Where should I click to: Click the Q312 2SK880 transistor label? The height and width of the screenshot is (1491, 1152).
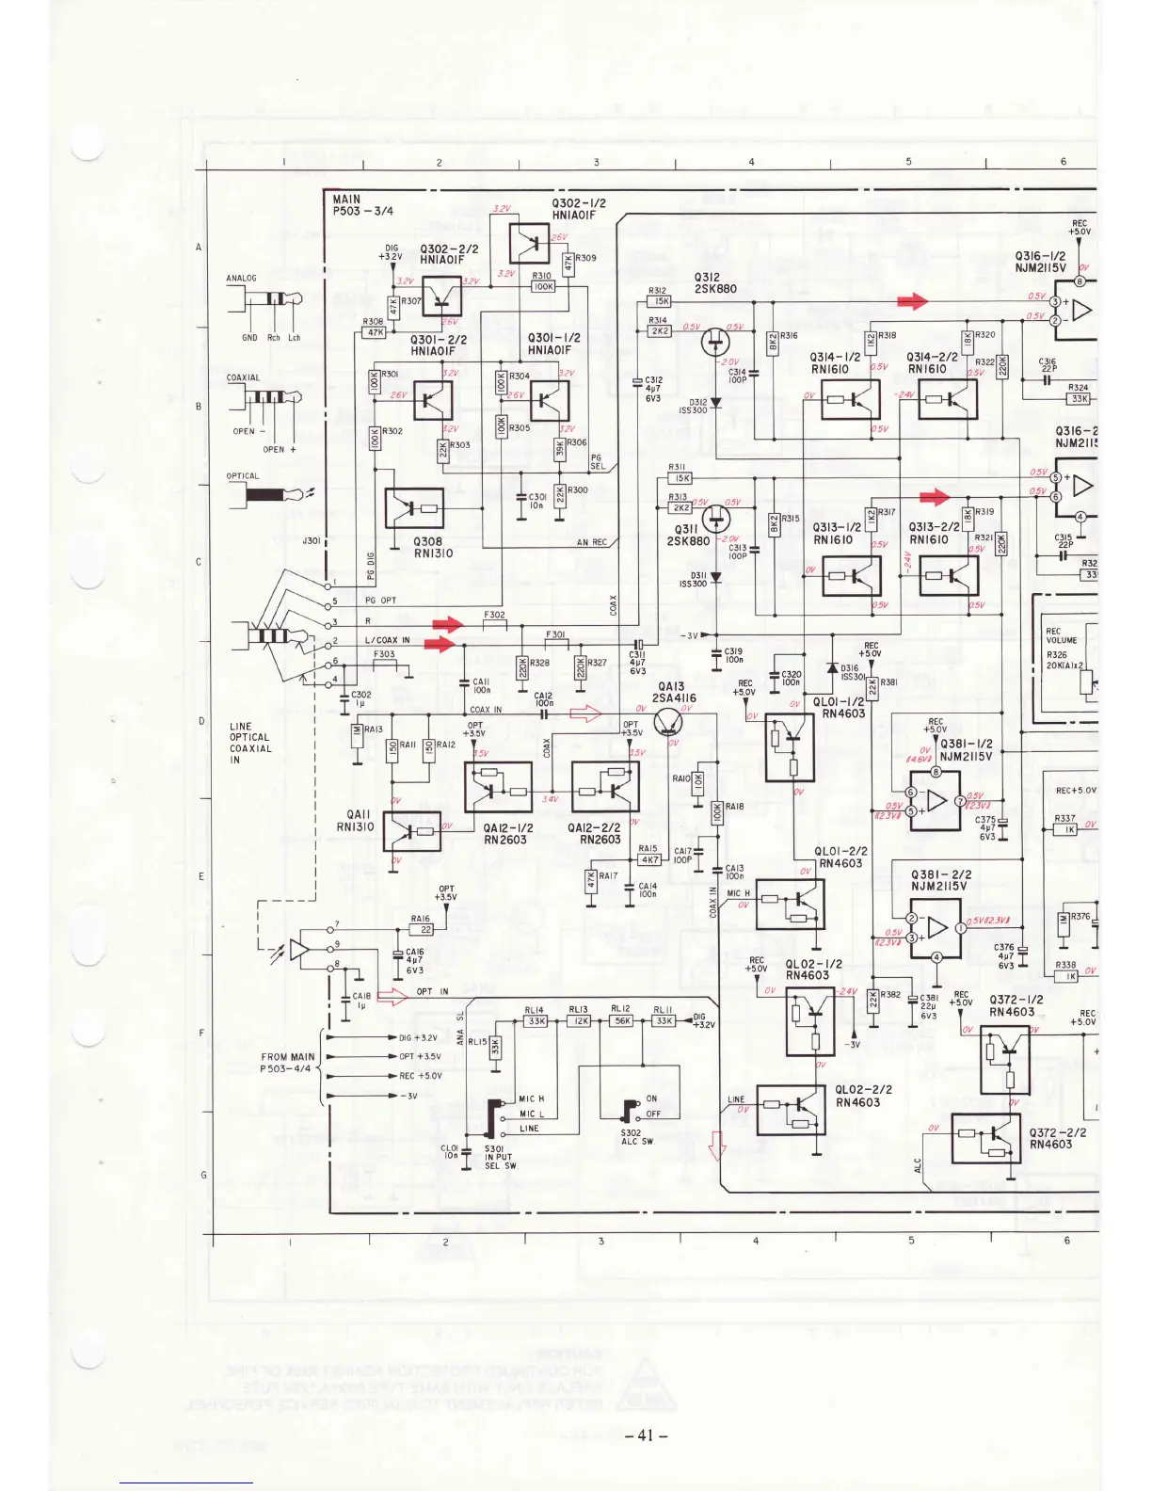715,283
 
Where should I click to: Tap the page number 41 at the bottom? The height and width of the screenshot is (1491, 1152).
645,1435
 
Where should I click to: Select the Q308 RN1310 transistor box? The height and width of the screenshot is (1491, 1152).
414,509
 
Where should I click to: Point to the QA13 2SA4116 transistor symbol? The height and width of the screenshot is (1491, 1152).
670,721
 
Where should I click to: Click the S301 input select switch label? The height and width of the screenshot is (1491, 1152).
500,1157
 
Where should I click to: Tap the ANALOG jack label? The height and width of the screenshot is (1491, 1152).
241,279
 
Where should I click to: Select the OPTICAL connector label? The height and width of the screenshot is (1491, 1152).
243,476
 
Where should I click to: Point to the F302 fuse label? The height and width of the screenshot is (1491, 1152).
494,615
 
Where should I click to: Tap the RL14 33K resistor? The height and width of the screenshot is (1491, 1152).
536,1020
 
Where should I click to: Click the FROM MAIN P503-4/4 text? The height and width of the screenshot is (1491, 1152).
287,1063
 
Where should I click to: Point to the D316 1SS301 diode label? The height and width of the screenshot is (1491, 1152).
851,673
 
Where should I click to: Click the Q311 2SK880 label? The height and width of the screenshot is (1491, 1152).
688,535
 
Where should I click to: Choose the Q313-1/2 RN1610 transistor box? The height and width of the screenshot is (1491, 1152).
851,575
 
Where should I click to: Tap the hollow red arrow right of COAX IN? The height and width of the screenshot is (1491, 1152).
585,714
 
